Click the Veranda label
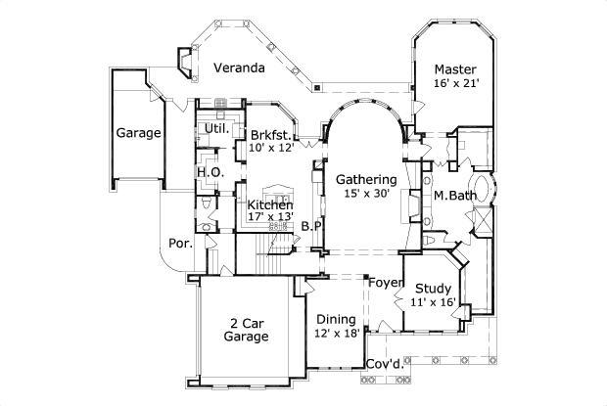coord(240,68)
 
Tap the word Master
coord(455,69)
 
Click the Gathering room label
coord(366,179)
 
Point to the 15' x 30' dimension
coord(366,194)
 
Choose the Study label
coord(432,289)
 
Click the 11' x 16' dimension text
coord(432,303)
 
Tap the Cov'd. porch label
coord(384,365)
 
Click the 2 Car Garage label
coord(248,330)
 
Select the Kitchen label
coord(270,204)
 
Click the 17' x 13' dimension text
coord(270,217)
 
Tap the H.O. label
coord(210,172)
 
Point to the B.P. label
coord(311,227)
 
